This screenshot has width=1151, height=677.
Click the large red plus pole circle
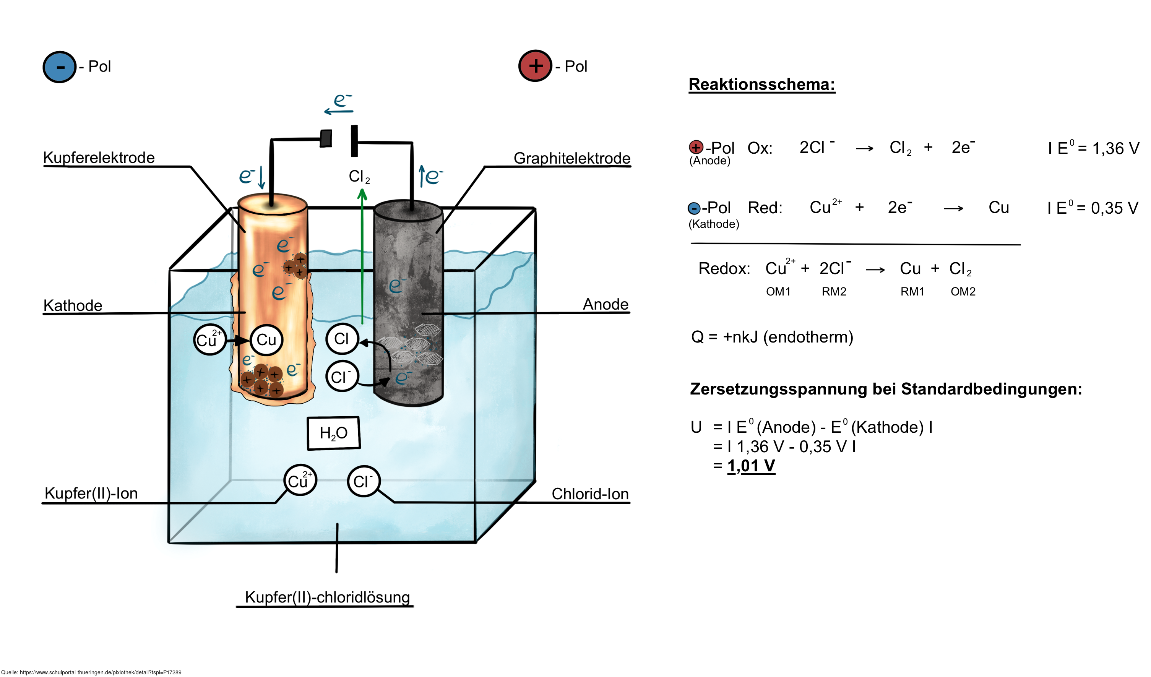pos(535,66)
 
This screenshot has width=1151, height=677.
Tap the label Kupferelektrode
pos(99,157)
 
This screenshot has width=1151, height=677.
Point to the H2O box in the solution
pos(333,433)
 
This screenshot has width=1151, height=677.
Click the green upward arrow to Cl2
pos(362,256)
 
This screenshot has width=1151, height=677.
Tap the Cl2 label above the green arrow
pos(359,176)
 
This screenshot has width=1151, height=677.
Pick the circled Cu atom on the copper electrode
pos(266,340)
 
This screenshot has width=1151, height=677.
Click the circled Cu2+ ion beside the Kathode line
pos(209,340)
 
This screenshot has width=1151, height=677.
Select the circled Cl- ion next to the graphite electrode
pos(342,377)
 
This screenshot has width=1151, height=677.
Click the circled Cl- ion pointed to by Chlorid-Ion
pos(363,481)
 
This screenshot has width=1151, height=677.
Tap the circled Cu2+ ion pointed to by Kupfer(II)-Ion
pos(300,481)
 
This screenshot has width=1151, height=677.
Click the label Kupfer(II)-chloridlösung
pos(327,597)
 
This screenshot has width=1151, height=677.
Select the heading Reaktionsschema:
pos(761,84)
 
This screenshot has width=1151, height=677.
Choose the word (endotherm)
pos(811,337)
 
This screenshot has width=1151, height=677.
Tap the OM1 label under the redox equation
pos(778,291)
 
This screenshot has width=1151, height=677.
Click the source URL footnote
pos(91,672)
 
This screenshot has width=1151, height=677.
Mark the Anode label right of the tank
pos(605,304)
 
